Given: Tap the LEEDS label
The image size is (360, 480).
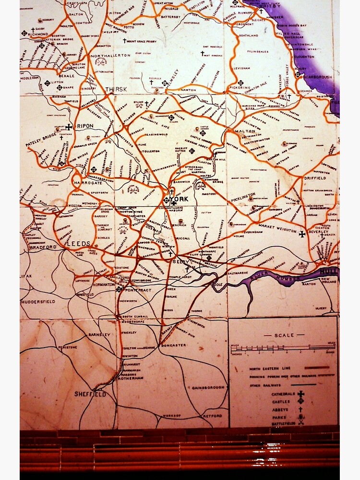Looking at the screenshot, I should tap(78, 243).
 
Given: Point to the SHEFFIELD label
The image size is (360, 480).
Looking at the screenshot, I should tap(90, 394).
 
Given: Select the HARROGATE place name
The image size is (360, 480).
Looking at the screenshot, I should tap(88, 183).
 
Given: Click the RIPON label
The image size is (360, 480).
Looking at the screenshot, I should tap(85, 126).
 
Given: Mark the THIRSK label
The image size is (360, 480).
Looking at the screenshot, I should tap(117, 89).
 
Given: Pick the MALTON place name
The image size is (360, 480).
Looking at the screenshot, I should tap(245, 131).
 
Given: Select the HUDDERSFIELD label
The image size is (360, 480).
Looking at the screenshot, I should tap(38, 301).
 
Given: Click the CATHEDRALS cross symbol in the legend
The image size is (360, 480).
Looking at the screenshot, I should tap(301, 394).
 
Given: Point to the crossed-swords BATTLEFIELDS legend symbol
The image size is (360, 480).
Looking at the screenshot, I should tap(301, 422).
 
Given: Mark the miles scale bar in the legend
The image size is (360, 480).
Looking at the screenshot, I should tap(283, 347).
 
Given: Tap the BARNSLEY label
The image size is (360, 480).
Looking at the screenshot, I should tap(99, 334).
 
